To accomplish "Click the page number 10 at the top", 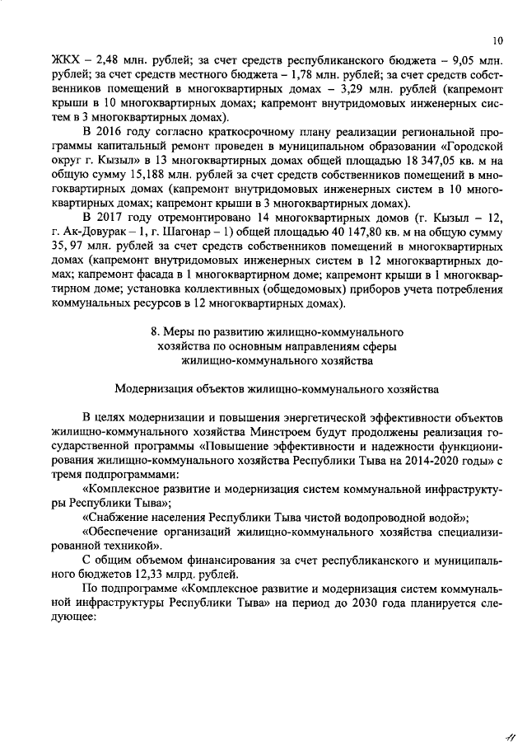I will pyautogui.click(x=497, y=38).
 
